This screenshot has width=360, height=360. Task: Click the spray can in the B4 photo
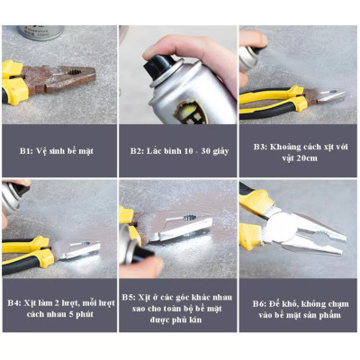tap(11, 202)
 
